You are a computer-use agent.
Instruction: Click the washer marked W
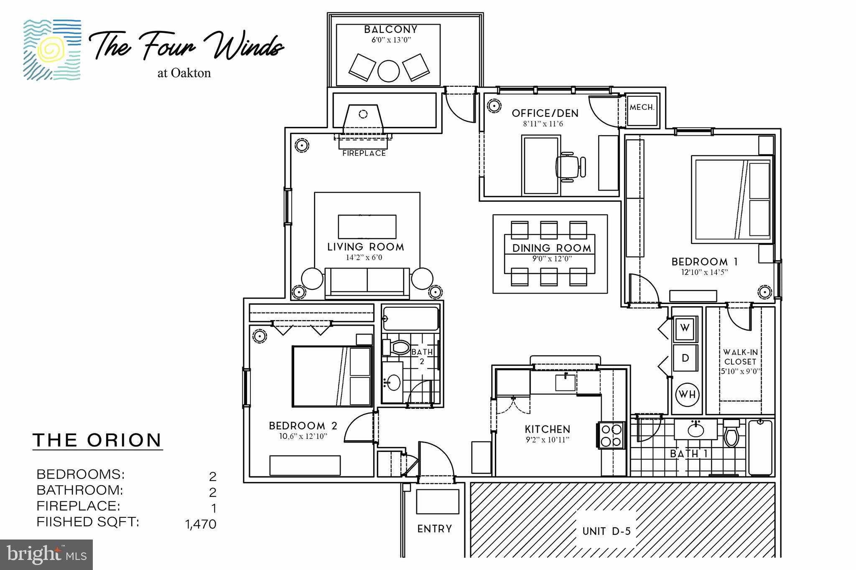click(685, 328)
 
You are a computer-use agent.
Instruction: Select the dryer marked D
click(685, 358)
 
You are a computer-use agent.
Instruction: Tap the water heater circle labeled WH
click(687, 395)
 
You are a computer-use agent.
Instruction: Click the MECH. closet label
click(642, 108)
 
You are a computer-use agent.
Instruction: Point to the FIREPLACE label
click(364, 153)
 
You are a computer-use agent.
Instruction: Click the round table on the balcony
click(388, 71)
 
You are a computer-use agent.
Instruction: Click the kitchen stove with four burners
click(611, 435)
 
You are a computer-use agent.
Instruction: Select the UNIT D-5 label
click(606, 531)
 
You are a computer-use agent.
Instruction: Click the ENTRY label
click(435, 529)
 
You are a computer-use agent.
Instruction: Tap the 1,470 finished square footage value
click(201, 524)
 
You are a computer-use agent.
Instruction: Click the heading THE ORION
click(97, 440)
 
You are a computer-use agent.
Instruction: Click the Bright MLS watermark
click(46, 554)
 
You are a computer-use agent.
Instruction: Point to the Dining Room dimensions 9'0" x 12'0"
click(552, 258)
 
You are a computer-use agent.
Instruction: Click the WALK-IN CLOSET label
click(740, 357)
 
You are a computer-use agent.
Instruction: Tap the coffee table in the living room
click(367, 227)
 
